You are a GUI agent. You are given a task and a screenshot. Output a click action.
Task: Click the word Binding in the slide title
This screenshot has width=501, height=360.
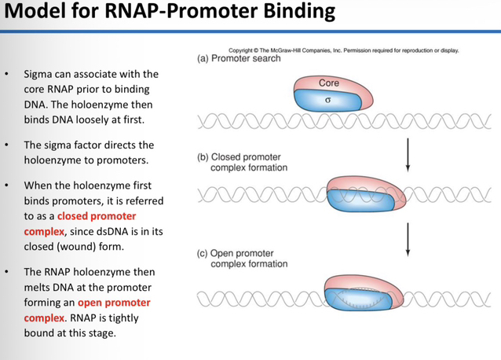pyautogui.click(x=299, y=11)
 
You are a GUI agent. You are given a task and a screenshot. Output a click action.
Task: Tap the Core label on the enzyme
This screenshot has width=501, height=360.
pyautogui.click(x=329, y=83)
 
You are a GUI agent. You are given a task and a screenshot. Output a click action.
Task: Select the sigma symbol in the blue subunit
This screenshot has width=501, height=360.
pyautogui.click(x=327, y=100)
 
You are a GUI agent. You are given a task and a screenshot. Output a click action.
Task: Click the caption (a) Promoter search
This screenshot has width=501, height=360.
pyautogui.click(x=239, y=58)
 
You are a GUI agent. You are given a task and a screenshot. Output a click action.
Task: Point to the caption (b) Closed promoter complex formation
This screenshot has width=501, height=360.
pyautogui.click(x=243, y=163)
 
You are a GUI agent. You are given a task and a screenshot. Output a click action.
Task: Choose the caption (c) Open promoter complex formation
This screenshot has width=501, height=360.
pyautogui.click(x=243, y=259)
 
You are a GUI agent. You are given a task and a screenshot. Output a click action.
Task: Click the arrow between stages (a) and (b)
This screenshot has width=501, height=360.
pyautogui.click(x=408, y=155)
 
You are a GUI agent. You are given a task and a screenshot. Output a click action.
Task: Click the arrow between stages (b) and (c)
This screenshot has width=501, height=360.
pyautogui.click(x=408, y=240)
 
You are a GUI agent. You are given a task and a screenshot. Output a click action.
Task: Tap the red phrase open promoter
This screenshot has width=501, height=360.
pyautogui.click(x=114, y=303)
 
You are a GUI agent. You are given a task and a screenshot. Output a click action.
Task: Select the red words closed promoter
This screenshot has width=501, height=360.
pyautogui.click(x=97, y=216)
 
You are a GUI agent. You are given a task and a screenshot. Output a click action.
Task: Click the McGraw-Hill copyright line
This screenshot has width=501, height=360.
pyautogui.click(x=344, y=50)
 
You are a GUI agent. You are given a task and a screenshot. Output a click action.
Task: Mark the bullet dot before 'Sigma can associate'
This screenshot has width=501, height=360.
pyautogui.click(x=7, y=74)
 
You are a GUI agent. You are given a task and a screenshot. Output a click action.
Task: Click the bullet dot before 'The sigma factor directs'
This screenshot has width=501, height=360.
pyautogui.click(x=7, y=145)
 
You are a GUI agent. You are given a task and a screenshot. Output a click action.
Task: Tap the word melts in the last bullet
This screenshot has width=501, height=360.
pyautogui.click(x=37, y=288)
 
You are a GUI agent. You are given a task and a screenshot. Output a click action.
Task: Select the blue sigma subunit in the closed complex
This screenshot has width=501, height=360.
pyautogui.click(x=361, y=200)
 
